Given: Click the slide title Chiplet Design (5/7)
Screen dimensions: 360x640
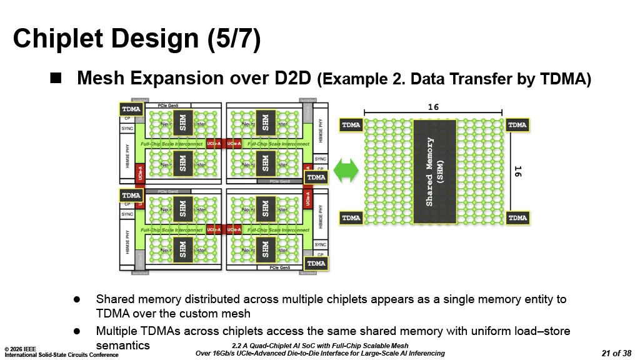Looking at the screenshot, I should [x=136, y=39].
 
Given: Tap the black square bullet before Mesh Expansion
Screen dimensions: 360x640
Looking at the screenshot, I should [x=56, y=77].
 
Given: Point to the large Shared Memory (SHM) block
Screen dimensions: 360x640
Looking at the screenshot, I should [x=434, y=172].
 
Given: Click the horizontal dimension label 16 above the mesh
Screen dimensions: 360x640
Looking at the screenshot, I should [x=433, y=107].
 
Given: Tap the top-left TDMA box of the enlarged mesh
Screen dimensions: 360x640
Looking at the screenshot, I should [x=351, y=125].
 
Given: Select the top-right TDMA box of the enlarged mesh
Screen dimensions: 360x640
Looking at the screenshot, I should [x=517, y=125].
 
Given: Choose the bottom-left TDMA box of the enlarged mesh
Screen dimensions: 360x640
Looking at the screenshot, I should [x=351, y=218].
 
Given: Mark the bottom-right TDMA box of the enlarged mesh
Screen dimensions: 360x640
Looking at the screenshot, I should [x=517, y=218].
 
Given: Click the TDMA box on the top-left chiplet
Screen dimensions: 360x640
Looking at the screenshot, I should [x=131, y=109].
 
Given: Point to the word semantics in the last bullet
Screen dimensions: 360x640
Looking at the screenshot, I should [x=122, y=345].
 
